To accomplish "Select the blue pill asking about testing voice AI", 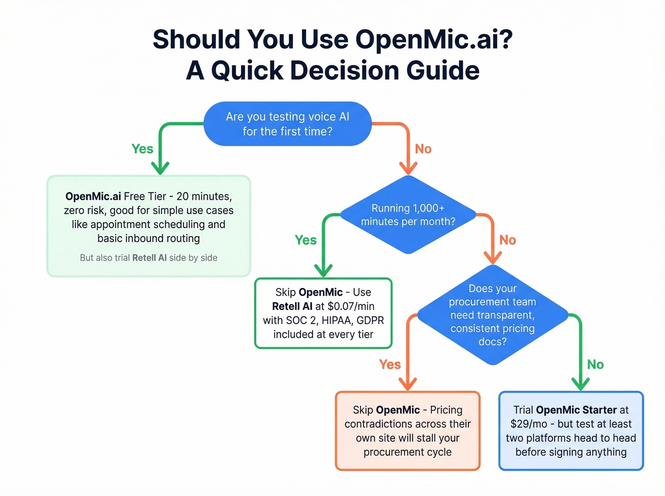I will [x=287, y=124].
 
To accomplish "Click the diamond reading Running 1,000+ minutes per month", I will [x=408, y=215].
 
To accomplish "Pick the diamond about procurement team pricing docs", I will [x=493, y=315].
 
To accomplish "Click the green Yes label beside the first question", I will [x=142, y=149].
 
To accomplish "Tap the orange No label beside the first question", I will [x=423, y=149].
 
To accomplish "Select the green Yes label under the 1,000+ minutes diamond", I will [x=305, y=240].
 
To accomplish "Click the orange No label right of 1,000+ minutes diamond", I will [x=507, y=240].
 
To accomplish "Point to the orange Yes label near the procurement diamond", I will [x=390, y=365].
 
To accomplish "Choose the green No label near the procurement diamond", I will [x=595, y=365].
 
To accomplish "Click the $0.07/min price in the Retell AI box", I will [x=351, y=307].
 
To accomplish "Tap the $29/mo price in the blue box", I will [x=529, y=424].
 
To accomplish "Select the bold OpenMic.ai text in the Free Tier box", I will [x=93, y=197].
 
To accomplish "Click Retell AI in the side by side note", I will [x=149, y=258].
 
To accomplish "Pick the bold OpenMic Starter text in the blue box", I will [x=576, y=410].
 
